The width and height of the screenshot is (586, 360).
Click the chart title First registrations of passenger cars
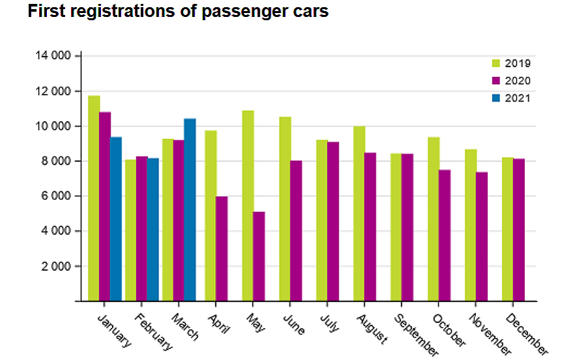[x=178, y=12]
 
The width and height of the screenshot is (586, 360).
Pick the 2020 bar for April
[x=221, y=248]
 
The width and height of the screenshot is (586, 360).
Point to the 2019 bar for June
[x=285, y=208]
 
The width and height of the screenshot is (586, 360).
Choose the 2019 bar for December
[x=507, y=228]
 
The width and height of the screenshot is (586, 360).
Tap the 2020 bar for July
[x=333, y=221]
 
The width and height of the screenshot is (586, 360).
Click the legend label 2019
[x=520, y=64]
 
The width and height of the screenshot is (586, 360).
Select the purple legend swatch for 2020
[x=495, y=81]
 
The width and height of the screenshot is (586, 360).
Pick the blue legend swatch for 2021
[x=495, y=98]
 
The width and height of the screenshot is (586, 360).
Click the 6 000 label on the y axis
[x=55, y=196]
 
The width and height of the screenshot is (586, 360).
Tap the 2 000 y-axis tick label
[x=55, y=266]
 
